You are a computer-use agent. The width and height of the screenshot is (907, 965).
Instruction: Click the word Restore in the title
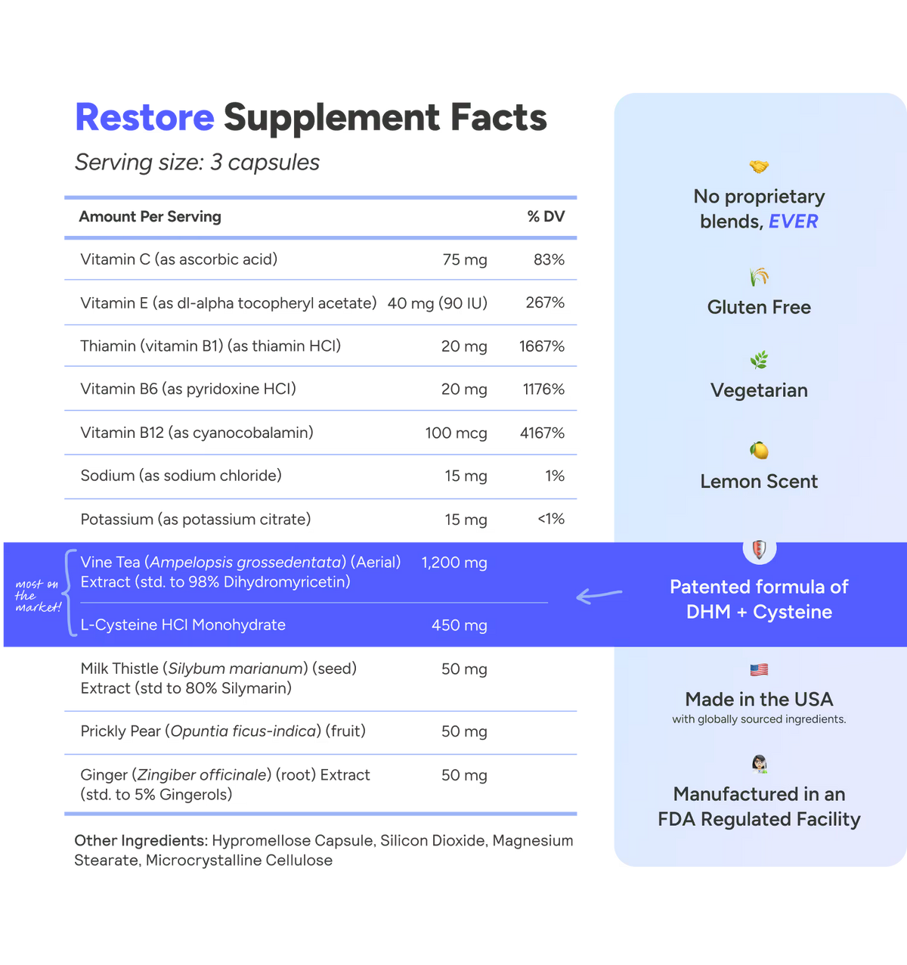tap(145, 117)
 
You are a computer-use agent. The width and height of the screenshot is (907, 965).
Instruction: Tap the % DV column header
tap(546, 216)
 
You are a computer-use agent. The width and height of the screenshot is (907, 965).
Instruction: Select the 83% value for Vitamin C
tap(549, 259)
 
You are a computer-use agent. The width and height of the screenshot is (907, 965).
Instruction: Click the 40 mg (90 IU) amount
tap(437, 303)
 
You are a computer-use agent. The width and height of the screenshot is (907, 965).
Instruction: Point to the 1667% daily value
tap(542, 346)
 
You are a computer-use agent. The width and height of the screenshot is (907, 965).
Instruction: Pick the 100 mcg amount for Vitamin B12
tap(457, 433)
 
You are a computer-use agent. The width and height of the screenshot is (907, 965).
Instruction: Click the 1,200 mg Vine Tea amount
tap(454, 563)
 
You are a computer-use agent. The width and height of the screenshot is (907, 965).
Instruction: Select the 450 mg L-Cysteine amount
tap(460, 625)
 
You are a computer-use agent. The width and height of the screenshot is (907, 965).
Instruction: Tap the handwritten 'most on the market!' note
tap(38, 596)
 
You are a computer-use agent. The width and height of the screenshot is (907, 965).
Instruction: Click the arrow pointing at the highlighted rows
tap(599, 595)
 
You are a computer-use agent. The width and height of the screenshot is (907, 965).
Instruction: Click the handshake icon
tap(759, 166)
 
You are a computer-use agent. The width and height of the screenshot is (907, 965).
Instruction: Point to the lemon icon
tap(759, 451)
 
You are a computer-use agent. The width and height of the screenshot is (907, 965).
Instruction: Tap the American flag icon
tap(759, 670)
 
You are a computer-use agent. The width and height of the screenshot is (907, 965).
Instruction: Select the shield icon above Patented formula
tap(760, 550)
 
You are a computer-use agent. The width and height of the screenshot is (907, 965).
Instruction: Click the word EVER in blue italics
tap(794, 222)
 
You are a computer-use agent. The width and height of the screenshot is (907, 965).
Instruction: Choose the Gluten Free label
tap(759, 308)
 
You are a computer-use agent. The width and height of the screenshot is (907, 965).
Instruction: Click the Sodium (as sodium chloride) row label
tap(181, 476)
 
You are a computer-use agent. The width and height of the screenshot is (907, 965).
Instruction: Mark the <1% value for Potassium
tap(551, 519)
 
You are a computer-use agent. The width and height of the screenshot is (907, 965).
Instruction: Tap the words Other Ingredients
tap(141, 841)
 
